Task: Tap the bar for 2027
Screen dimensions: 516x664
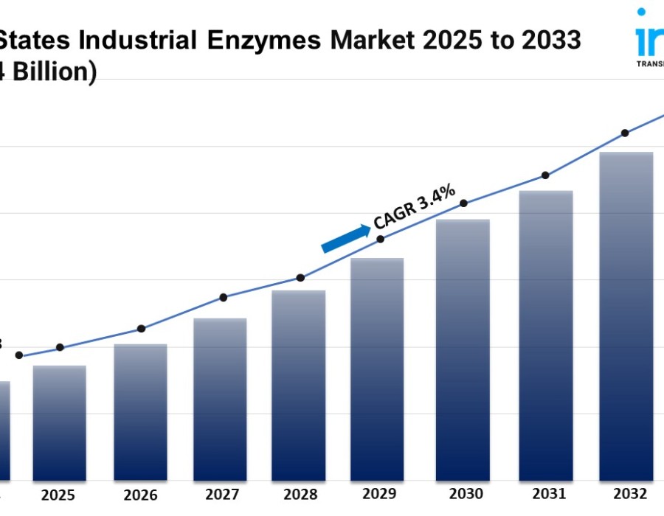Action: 220,399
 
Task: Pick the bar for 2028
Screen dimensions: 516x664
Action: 299,385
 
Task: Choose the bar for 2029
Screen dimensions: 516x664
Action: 377,369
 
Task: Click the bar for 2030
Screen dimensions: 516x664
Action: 463,349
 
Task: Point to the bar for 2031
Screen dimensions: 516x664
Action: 546,335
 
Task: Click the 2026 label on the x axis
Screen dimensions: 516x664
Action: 140,495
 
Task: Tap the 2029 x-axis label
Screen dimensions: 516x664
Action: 379,493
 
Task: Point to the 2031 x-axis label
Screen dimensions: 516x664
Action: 548,492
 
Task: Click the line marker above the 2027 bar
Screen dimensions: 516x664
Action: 224,297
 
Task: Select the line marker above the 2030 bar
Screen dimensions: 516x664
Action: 464,203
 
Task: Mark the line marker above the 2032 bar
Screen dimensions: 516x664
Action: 625,133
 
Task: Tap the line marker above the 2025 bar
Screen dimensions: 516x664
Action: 60,347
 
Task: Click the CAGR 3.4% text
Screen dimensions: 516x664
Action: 414,207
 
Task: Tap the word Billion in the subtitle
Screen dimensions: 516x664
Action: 51,72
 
